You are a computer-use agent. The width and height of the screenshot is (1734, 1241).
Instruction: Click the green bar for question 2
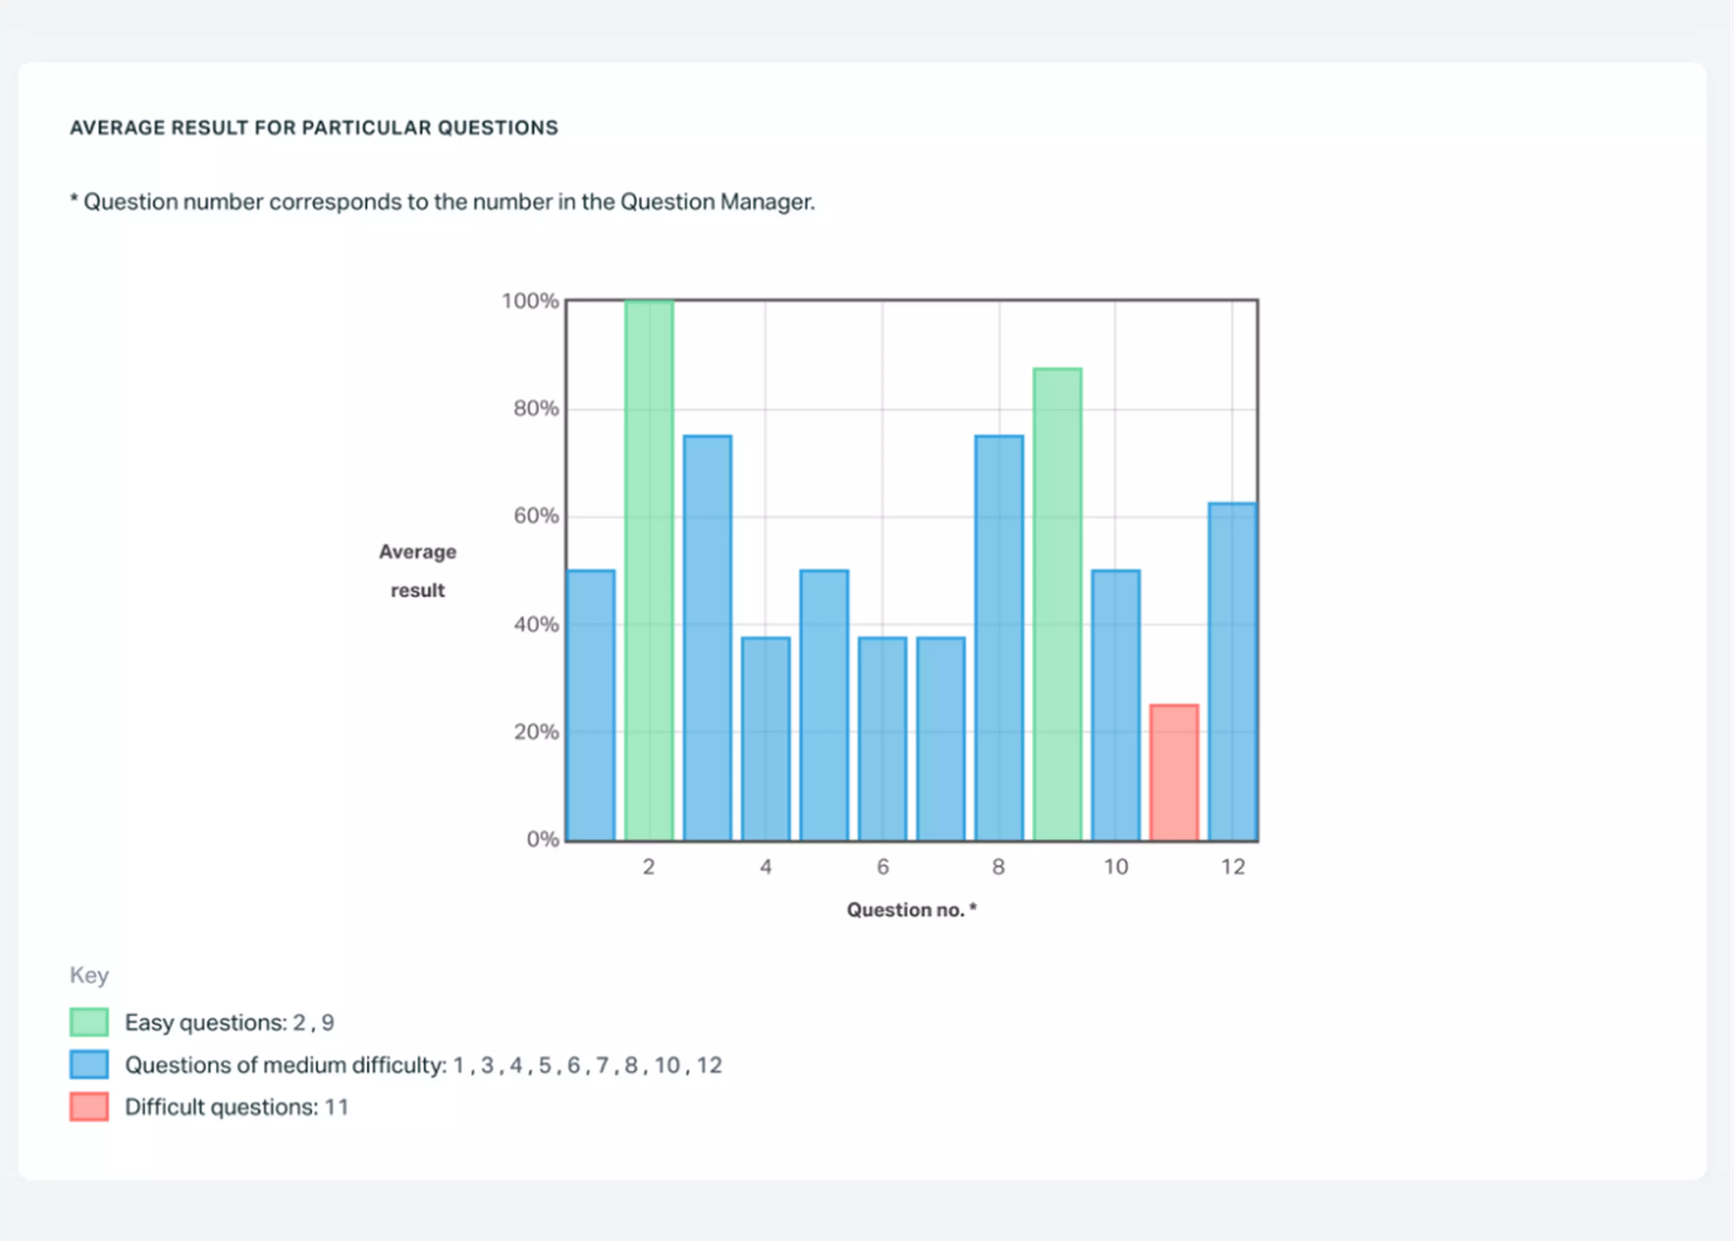[649, 570]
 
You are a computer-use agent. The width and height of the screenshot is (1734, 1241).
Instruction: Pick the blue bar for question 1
[591, 705]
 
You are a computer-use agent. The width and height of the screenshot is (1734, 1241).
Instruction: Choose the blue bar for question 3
[707, 637]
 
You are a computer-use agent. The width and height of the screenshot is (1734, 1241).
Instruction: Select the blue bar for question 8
[999, 637]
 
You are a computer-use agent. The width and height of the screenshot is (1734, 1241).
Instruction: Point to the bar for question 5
[824, 705]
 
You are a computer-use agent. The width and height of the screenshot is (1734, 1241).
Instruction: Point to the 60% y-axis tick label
[536, 516]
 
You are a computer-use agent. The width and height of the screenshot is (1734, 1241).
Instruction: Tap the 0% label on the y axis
[543, 839]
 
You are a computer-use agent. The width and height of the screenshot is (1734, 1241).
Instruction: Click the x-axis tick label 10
[1115, 867]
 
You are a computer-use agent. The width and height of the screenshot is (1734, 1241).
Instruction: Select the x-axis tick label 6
[883, 867]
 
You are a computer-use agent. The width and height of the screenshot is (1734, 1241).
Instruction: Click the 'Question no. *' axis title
[911, 909]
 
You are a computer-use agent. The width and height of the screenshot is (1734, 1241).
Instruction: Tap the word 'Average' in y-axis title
[417, 552]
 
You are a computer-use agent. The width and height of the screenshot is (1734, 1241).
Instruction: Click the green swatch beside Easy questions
[89, 1022]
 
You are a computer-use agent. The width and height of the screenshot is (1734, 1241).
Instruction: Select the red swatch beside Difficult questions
[89, 1106]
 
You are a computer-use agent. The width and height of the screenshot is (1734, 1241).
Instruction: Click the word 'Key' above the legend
[89, 975]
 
